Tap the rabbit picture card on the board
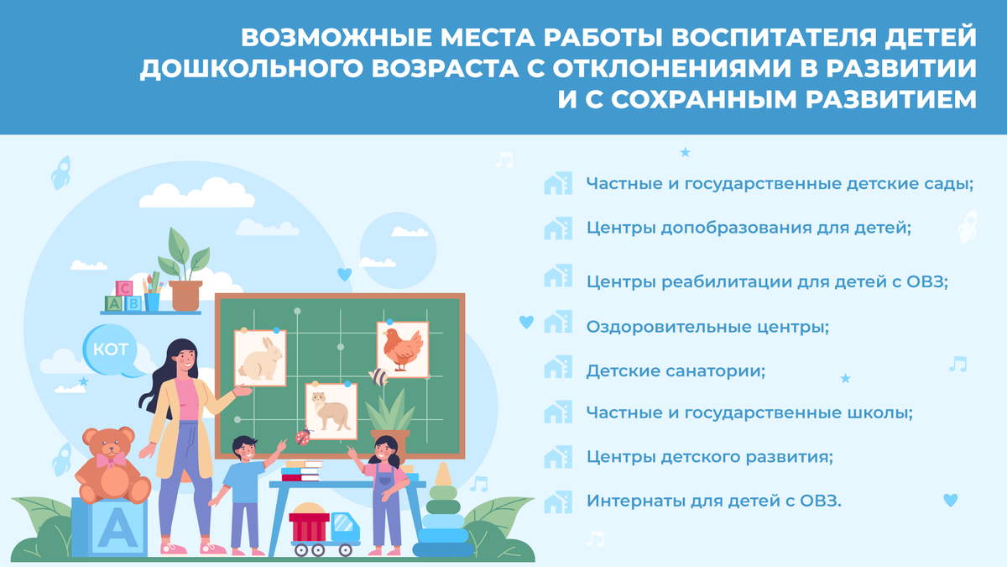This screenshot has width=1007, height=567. [x=260, y=357]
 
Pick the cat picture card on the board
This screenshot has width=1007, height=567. [x=331, y=411]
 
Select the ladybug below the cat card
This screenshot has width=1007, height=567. [x=302, y=437]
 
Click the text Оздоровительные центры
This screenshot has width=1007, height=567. [x=707, y=326]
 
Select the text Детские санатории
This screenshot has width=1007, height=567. [x=676, y=370]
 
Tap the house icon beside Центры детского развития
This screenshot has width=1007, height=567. [x=558, y=458]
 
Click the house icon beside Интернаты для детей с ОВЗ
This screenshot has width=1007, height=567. [x=558, y=501]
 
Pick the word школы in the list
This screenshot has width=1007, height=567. [x=880, y=413]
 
